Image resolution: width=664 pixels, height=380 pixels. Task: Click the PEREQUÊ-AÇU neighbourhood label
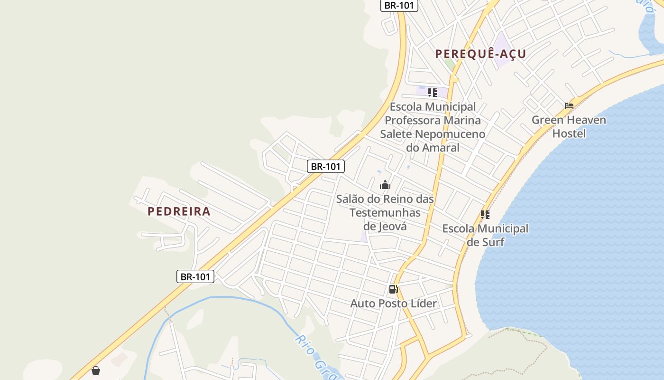480,54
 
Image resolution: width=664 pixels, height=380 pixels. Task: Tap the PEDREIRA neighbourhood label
179,211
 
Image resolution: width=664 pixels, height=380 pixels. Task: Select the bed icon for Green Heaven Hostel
569,105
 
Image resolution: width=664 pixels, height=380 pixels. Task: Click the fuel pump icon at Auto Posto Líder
393,289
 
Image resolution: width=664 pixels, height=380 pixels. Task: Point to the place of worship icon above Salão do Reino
385,185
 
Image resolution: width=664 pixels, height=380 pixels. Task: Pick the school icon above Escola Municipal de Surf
485,215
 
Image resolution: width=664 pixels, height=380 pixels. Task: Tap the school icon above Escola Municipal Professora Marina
432,92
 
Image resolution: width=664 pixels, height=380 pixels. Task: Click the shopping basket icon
96,370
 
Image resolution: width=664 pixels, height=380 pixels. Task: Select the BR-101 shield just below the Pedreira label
195,276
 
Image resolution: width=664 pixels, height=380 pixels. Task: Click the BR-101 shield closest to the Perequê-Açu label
399,6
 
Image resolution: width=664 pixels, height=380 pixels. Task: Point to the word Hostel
569,133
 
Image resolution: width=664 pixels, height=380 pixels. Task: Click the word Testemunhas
385,212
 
